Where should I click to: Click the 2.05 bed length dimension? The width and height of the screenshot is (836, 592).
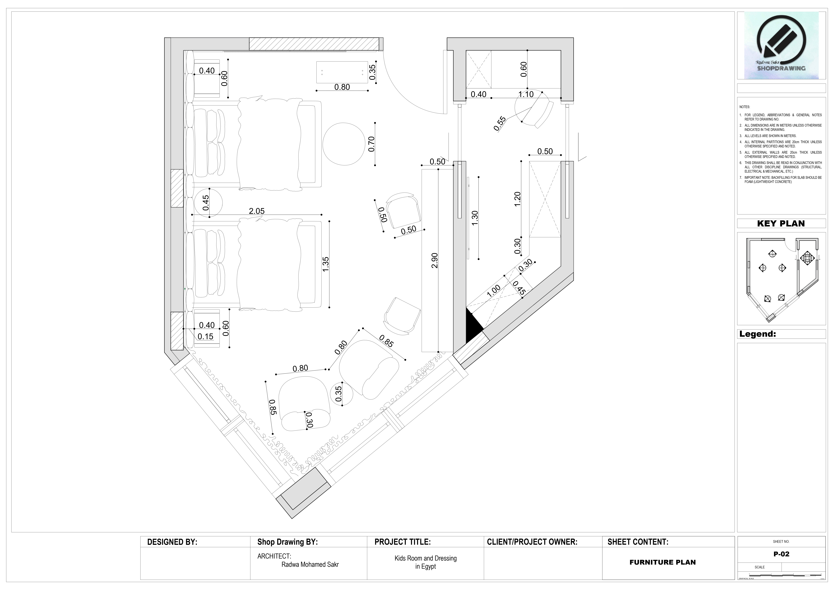[257, 211]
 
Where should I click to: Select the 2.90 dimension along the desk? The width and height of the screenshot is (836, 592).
[434, 261]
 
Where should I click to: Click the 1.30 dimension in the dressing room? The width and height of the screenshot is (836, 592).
[474, 218]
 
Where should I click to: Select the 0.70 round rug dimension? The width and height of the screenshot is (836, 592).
[371, 144]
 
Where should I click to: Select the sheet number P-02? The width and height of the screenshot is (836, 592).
[781, 554]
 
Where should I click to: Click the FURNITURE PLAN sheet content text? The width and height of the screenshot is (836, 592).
[662, 562]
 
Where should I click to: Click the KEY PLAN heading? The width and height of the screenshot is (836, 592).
[781, 223]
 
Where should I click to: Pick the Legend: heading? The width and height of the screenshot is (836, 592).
[758, 334]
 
